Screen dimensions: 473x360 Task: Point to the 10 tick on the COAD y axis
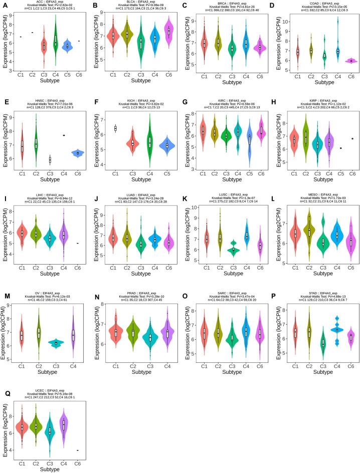click(286, 22)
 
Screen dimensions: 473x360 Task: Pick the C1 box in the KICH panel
click(117, 128)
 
